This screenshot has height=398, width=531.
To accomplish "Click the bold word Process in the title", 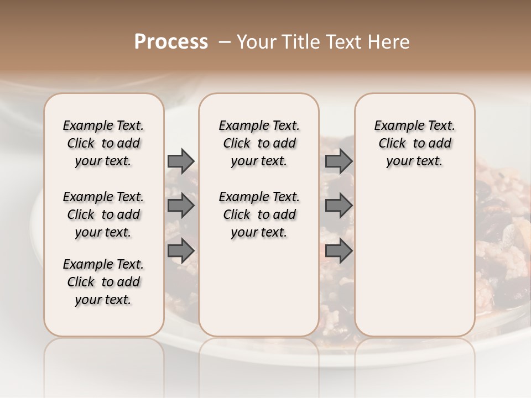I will [171, 42].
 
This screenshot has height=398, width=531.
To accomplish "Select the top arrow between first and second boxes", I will [181, 161].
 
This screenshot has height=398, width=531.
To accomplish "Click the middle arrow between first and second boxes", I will [181, 206].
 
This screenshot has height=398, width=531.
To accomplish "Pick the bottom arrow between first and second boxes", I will [181, 250].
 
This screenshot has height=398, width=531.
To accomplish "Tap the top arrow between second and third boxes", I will [339, 161].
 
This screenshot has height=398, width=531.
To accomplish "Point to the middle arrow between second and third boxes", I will [339, 206].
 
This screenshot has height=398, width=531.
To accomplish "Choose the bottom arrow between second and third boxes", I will [339, 250].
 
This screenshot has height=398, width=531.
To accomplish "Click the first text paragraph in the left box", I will [103, 143].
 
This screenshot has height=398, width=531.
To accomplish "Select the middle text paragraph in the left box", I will [103, 214].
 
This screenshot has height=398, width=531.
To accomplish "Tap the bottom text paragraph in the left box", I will [103, 282].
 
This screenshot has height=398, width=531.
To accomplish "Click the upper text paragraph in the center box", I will [259, 143].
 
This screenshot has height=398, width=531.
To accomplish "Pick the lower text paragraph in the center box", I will [259, 214].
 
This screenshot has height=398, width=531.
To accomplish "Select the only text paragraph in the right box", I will [414, 143].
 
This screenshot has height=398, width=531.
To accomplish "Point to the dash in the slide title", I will [225, 42].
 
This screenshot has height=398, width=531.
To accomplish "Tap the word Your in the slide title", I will [254, 42].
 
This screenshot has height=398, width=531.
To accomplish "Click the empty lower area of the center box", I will [259, 287].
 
